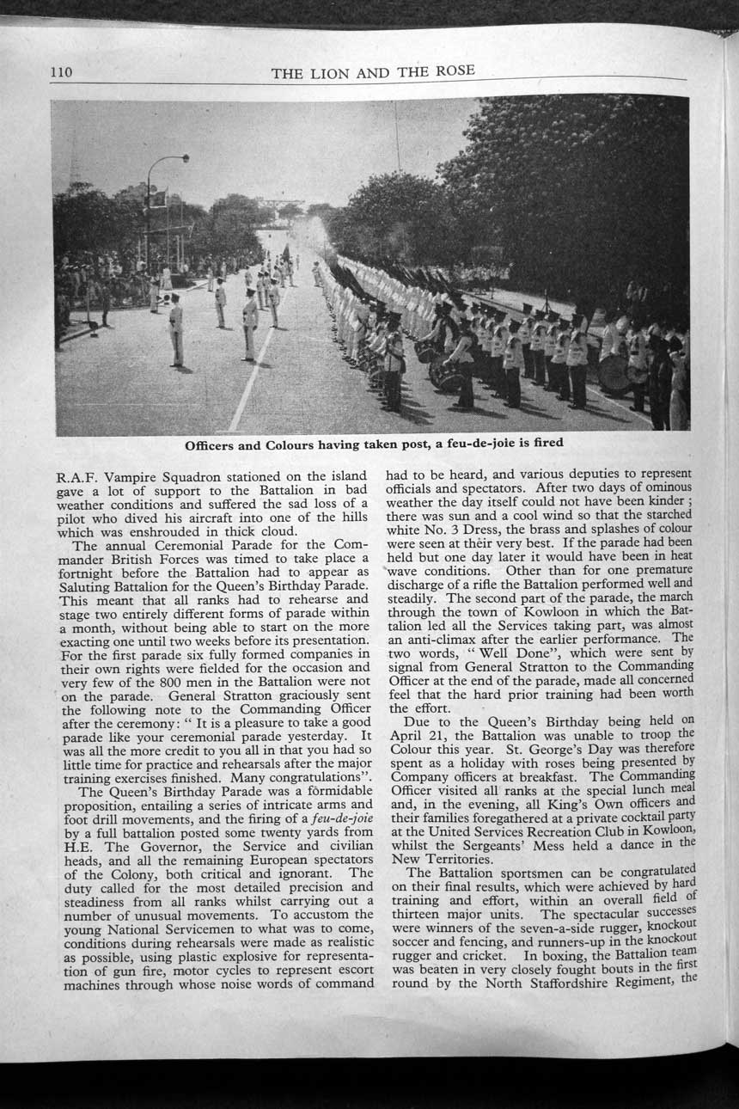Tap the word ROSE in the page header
(455, 70)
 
